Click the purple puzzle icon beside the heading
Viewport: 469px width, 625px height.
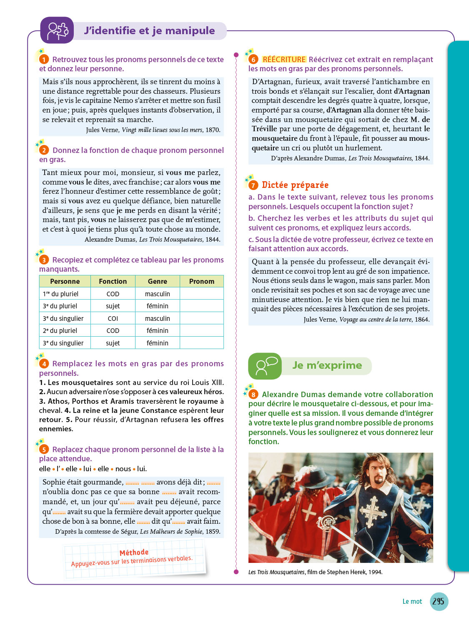click(x=57, y=30)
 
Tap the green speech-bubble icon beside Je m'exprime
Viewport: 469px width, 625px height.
click(x=265, y=366)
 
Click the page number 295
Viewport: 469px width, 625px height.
click(x=438, y=601)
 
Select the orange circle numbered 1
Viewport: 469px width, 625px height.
click(x=44, y=60)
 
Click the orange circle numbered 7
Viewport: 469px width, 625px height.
click(x=253, y=185)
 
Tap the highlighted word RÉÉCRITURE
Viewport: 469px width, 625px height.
click(x=284, y=60)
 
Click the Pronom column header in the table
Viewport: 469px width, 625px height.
click(x=201, y=281)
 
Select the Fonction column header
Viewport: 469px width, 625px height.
click(x=113, y=281)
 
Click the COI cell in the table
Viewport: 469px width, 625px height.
click(x=113, y=318)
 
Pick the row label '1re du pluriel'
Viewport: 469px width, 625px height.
click(x=61, y=294)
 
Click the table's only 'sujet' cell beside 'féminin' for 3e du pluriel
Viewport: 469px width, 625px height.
click(x=113, y=306)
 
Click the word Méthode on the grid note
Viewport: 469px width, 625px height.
click(x=134, y=552)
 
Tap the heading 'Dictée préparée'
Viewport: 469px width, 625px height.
click(x=295, y=185)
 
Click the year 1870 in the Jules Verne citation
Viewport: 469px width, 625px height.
click(x=213, y=130)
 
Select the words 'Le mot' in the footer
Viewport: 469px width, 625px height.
click(x=412, y=601)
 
